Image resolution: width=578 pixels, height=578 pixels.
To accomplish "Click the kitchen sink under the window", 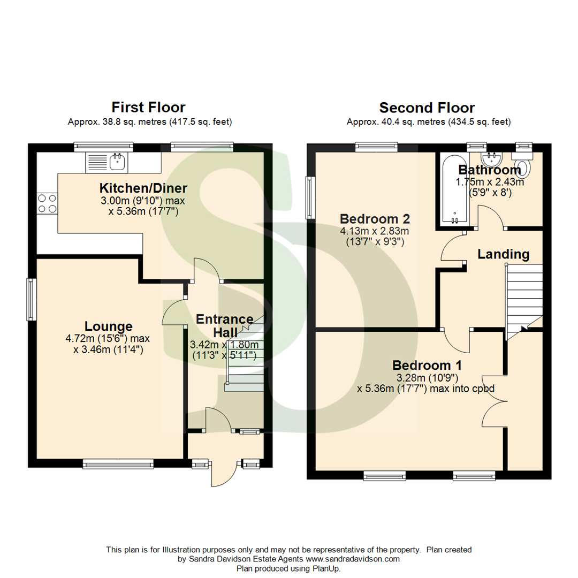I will pos(108,162).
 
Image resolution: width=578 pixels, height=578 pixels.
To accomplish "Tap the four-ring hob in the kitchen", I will pos(47,204).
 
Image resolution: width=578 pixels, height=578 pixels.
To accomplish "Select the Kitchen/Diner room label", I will pos(143,188).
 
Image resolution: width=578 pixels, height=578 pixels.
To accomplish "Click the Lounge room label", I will pos(109,326).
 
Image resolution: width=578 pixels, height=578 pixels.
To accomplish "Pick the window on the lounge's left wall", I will pos(32,299).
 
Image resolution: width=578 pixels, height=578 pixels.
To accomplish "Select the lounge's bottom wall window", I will pos(118,463).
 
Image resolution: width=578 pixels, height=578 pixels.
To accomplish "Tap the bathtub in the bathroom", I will pos(455,190).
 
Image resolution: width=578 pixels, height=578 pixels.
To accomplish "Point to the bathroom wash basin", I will pos(491,159).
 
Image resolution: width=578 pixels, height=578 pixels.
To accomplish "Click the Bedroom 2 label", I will pos(375,219).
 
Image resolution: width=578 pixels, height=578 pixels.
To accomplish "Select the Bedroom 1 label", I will pos(427,366).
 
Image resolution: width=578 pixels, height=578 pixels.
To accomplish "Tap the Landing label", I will pos(503,254).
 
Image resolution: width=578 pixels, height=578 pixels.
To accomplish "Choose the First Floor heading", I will pos(149,108).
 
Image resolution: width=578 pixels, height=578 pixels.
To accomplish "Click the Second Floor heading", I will pos(427,108).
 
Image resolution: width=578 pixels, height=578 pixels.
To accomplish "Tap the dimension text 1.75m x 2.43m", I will pos(489,182).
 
